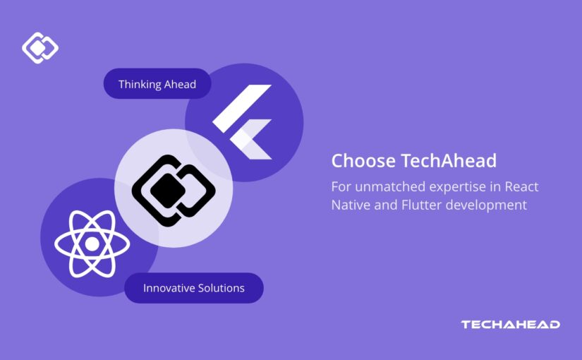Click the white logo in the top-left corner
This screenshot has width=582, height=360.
(40, 48)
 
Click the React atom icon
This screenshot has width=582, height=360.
(92, 244)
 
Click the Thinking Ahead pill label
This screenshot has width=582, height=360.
(157, 85)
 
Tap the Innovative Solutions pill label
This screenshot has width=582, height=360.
(193, 288)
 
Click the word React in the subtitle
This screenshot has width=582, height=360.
(523, 186)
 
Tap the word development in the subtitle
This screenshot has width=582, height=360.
(490, 205)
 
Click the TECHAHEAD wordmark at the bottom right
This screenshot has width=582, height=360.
(510, 325)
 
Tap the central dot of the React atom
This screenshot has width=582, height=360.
(92, 244)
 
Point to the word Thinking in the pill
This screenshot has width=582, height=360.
(140, 85)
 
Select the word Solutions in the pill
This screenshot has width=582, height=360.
(221, 288)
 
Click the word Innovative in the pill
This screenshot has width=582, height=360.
(169, 288)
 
